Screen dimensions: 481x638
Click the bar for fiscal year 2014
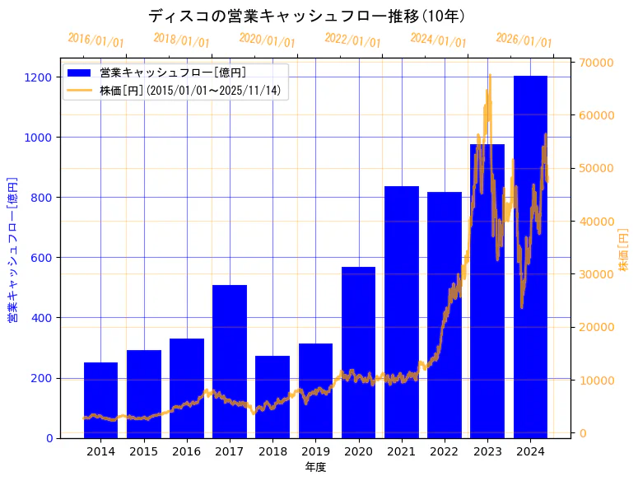click(x=100, y=400)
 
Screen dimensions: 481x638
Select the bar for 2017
click(x=230, y=362)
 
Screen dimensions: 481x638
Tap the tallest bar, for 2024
click(x=530, y=247)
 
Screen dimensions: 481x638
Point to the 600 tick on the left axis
click(x=42, y=258)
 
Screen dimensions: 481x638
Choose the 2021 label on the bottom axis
click(x=402, y=451)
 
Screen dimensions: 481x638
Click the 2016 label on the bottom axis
click(x=187, y=451)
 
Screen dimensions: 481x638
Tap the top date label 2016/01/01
click(x=95, y=40)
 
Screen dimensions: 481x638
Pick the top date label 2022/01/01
click(x=352, y=40)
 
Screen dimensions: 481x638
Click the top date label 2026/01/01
click(x=524, y=40)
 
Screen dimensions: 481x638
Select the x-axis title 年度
click(x=315, y=468)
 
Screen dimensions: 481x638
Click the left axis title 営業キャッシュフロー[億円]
click(x=12, y=249)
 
